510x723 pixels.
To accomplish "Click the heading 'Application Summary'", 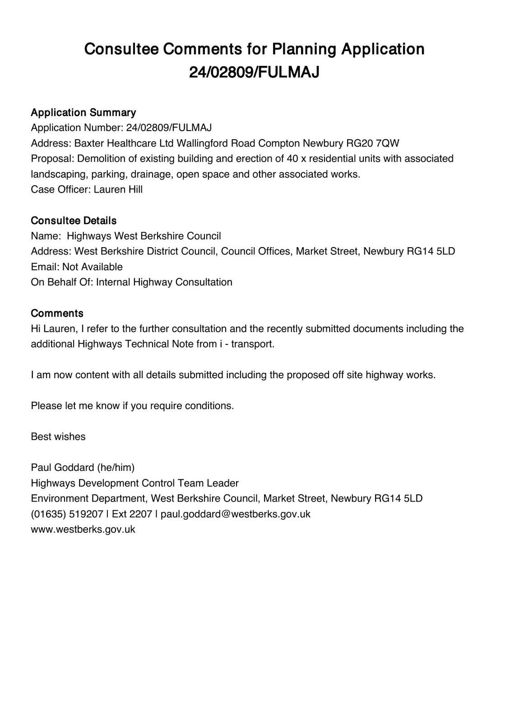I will click(x=83, y=113).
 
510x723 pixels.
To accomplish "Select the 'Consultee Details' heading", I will click(x=74, y=221).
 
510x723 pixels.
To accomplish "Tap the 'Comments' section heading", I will click(x=57, y=314).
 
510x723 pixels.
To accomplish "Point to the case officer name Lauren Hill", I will click(x=118, y=190).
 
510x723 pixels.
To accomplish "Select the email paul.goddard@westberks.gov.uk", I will click(x=236, y=514).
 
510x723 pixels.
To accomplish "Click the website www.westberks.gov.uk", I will click(x=83, y=530).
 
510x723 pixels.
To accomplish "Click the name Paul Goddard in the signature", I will click(x=62, y=468).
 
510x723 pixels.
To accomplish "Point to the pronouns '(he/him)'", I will click(x=116, y=468).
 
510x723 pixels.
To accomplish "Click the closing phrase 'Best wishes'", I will click(x=58, y=437).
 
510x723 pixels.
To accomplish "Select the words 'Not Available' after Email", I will click(x=93, y=267).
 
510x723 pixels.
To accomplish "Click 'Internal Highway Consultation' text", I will click(x=164, y=282).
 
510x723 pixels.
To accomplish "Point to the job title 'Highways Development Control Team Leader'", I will click(x=134, y=484).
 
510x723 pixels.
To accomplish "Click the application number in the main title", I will click(x=254, y=72).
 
